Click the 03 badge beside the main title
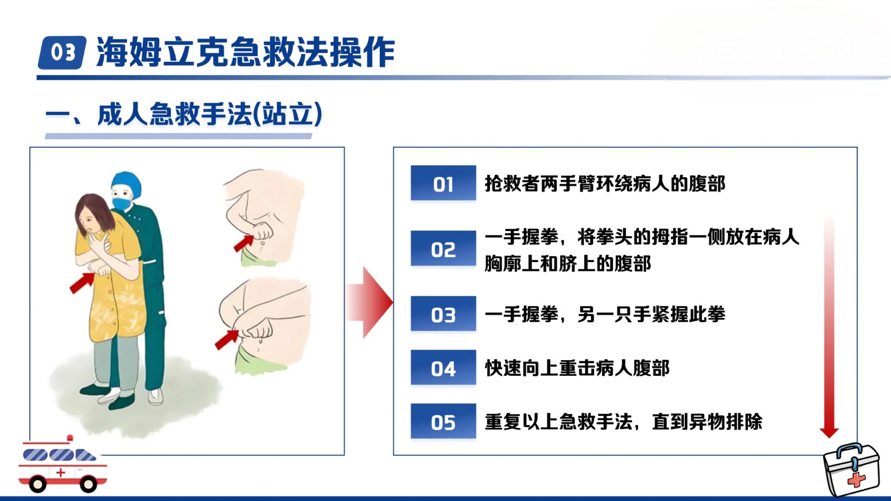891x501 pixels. coord(62,52)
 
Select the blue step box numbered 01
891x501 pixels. coord(443,183)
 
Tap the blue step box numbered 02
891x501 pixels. coord(443,248)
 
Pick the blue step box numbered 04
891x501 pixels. coord(443,367)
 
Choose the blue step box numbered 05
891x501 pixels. coord(443,421)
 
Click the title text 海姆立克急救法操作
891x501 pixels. coord(246,52)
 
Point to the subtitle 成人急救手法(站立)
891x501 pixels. coord(209,115)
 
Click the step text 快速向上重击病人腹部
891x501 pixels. coord(577,368)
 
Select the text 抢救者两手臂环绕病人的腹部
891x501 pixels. coord(605,183)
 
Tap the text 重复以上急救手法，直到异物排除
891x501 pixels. coord(624,421)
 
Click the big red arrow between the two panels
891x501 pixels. coord(369,303)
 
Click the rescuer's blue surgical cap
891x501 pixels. coord(126,183)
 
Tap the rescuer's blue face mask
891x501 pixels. coord(122,203)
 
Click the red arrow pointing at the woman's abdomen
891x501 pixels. coord(82,283)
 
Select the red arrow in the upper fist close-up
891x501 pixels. coord(243,243)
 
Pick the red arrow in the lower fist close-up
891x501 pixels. coord(226,340)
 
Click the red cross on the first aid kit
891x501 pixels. coord(856,480)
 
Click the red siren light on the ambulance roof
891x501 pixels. coord(70,438)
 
